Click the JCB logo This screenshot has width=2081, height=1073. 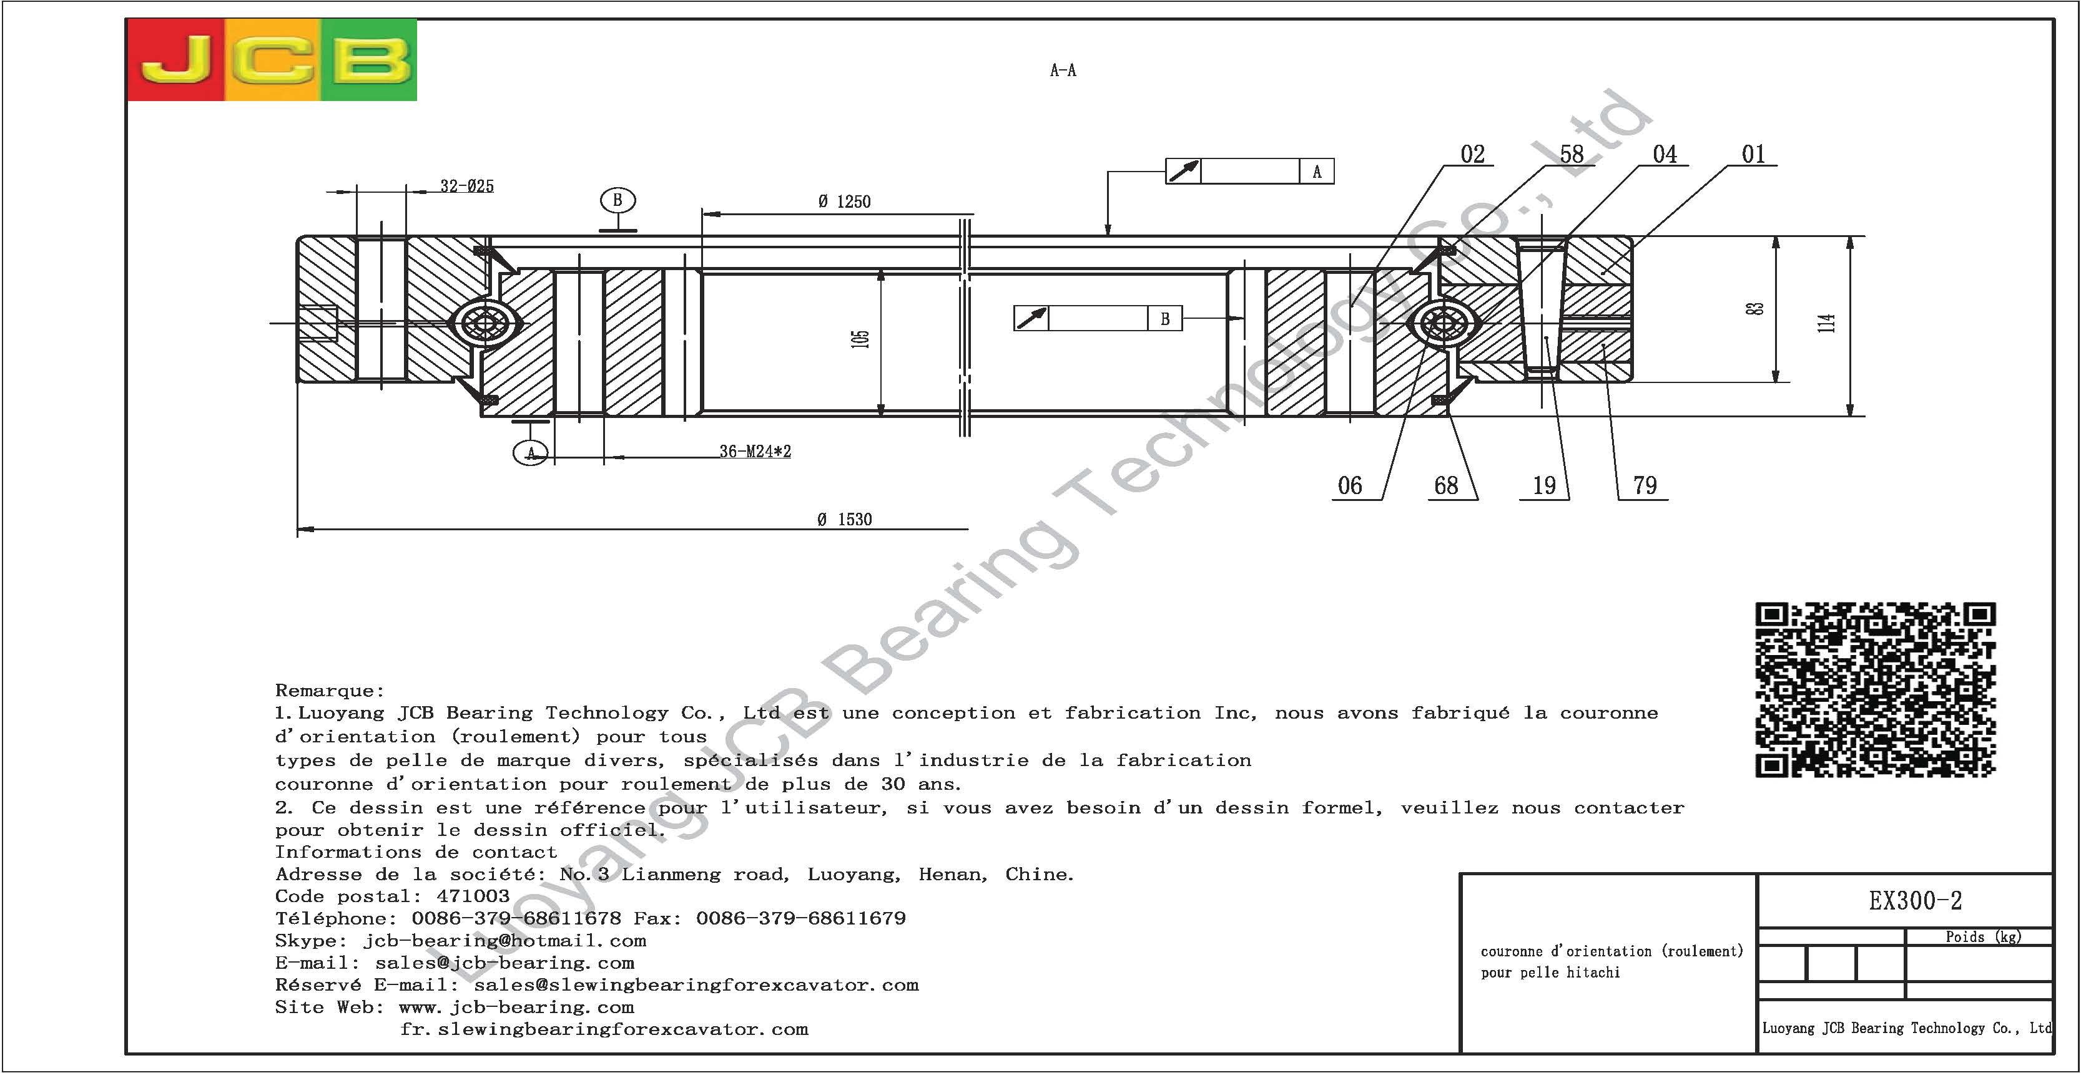[272, 61]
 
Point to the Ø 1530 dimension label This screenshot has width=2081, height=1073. [844, 519]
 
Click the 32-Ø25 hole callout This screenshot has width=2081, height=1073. [467, 186]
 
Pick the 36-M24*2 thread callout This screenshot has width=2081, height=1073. [755, 451]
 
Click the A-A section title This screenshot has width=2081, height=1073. [1063, 70]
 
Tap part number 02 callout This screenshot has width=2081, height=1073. [1473, 153]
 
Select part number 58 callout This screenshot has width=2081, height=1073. [1572, 153]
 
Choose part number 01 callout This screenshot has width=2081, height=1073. [1753, 153]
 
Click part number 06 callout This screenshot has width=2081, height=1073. [1350, 485]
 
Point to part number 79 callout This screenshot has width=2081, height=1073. [1645, 485]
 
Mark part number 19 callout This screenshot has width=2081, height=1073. [1544, 485]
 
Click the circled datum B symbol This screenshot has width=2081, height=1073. [618, 200]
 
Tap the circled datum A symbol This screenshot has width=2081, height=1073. [531, 452]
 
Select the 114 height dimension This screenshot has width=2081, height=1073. [1826, 323]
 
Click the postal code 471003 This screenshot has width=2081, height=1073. [473, 896]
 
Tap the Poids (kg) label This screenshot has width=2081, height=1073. [1983, 936]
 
